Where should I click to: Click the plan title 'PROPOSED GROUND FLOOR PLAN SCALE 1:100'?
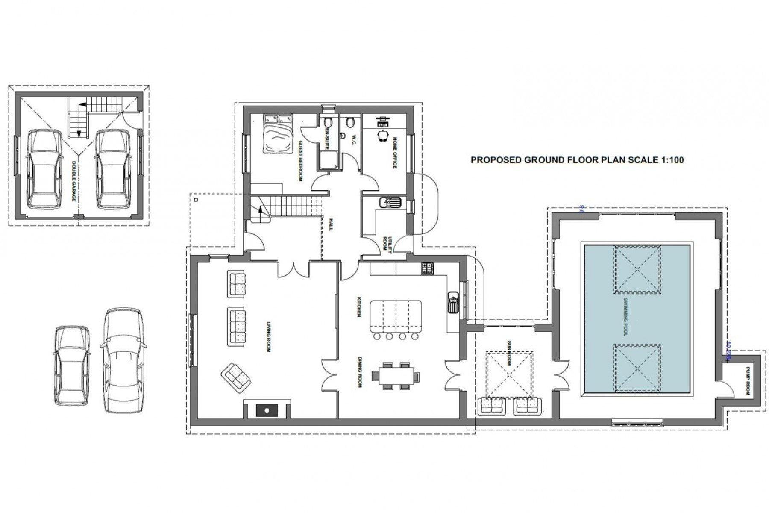pyautogui.click(x=577, y=160)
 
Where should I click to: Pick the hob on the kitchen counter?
pyautogui.click(x=427, y=268)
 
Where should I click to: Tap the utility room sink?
pyautogui.click(x=390, y=201)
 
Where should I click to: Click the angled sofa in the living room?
pyautogui.click(x=236, y=377)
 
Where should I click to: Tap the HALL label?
pyautogui.click(x=330, y=224)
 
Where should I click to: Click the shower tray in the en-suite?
pyautogui.click(x=329, y=159)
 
